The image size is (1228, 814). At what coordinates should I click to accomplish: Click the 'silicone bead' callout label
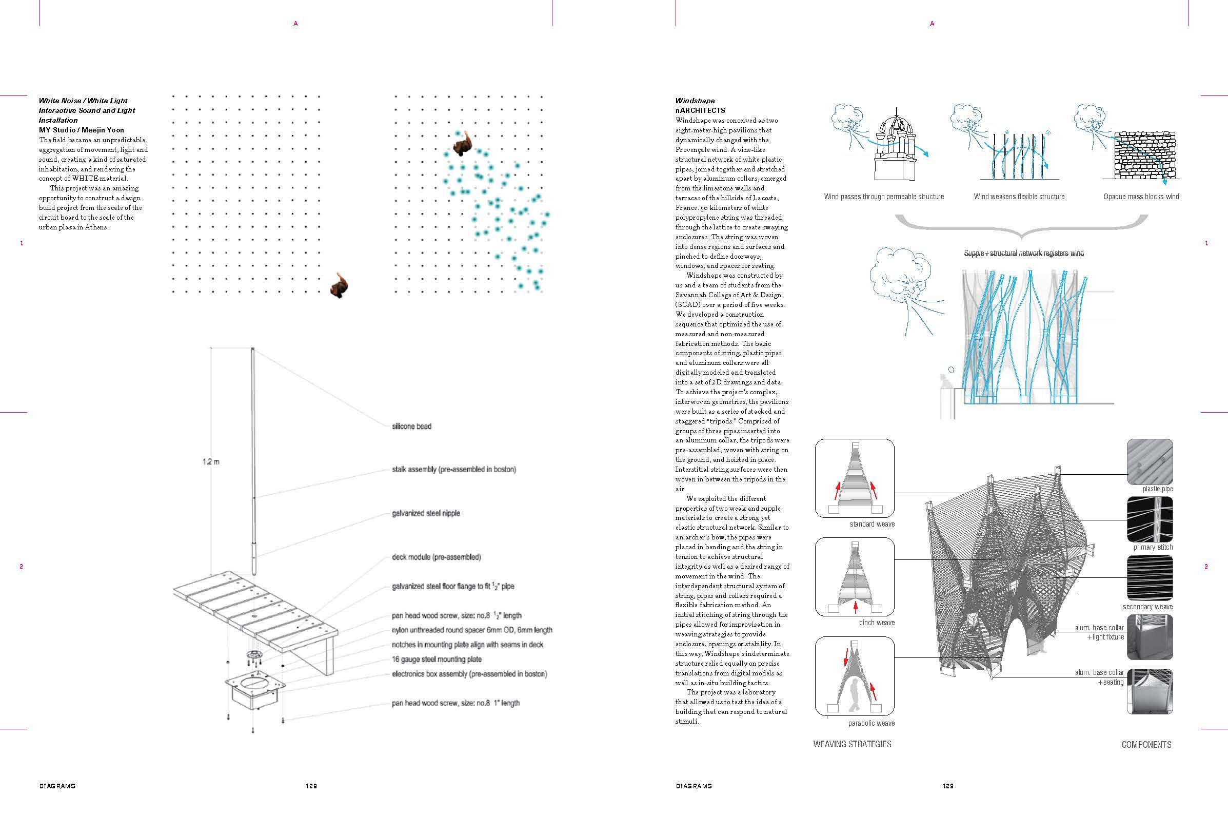click(x=411, y=426)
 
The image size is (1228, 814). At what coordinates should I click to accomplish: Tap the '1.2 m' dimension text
click(x=211, y=461)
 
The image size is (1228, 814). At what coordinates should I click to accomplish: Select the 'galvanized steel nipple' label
click(x=425, y=513)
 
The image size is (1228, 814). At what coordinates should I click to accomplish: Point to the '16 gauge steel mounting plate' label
click(x=437, y=660)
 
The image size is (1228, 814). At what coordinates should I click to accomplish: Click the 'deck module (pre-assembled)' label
click(x=437, y=557)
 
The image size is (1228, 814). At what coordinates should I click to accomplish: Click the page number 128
click(x=311, y=786)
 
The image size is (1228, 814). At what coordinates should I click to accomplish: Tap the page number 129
click(x=948, y=786)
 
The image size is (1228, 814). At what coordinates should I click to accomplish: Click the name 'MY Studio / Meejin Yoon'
click(x=82, y=130)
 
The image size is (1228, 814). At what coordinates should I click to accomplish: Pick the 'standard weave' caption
click(x=872, y=524)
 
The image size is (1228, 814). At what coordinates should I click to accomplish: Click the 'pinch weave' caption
click(x=876, y=623)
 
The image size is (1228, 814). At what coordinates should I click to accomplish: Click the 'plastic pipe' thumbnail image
click(x=1150, y=461)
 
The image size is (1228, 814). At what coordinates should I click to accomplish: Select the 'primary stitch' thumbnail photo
click(x=1150, y=519)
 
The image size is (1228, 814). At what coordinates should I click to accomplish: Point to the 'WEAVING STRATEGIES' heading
click(x=852, y=744)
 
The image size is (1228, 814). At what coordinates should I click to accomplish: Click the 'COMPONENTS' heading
click(x=1146, y=744)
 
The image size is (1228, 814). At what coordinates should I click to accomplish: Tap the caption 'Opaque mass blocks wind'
click(x=1141, y=197)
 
